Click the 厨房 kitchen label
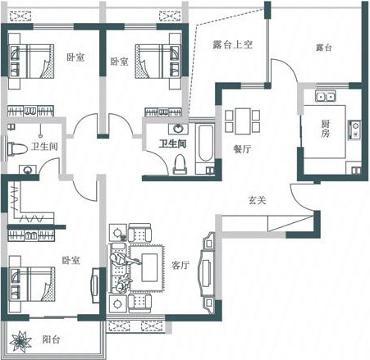click(x=325, y=129)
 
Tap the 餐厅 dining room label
click(x=242, y=149)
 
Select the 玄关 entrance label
click(x=257, y=200)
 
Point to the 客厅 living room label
click(x=180, y=265)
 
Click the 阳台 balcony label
click(x=51, y=339)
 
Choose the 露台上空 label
click(x=232, y=44)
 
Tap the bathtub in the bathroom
click(x=205, y=144)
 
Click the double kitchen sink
click(x=325, y=96)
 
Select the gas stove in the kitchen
click(x=354, y=130)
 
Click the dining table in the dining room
click(x=243, y=121)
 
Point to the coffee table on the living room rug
click(x=149, y=267)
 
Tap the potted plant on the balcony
click(x=21, y=341)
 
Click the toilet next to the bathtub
click(x=180, y=164)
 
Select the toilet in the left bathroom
click(x=17, y=149)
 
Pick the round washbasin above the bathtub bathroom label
click(x=178, y=129)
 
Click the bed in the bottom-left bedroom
click(x=31, y=285)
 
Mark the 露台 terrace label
click(x=324, y=48)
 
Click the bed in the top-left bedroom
click(x=31, y=62)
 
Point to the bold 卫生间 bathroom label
click(x=173, y=144)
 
